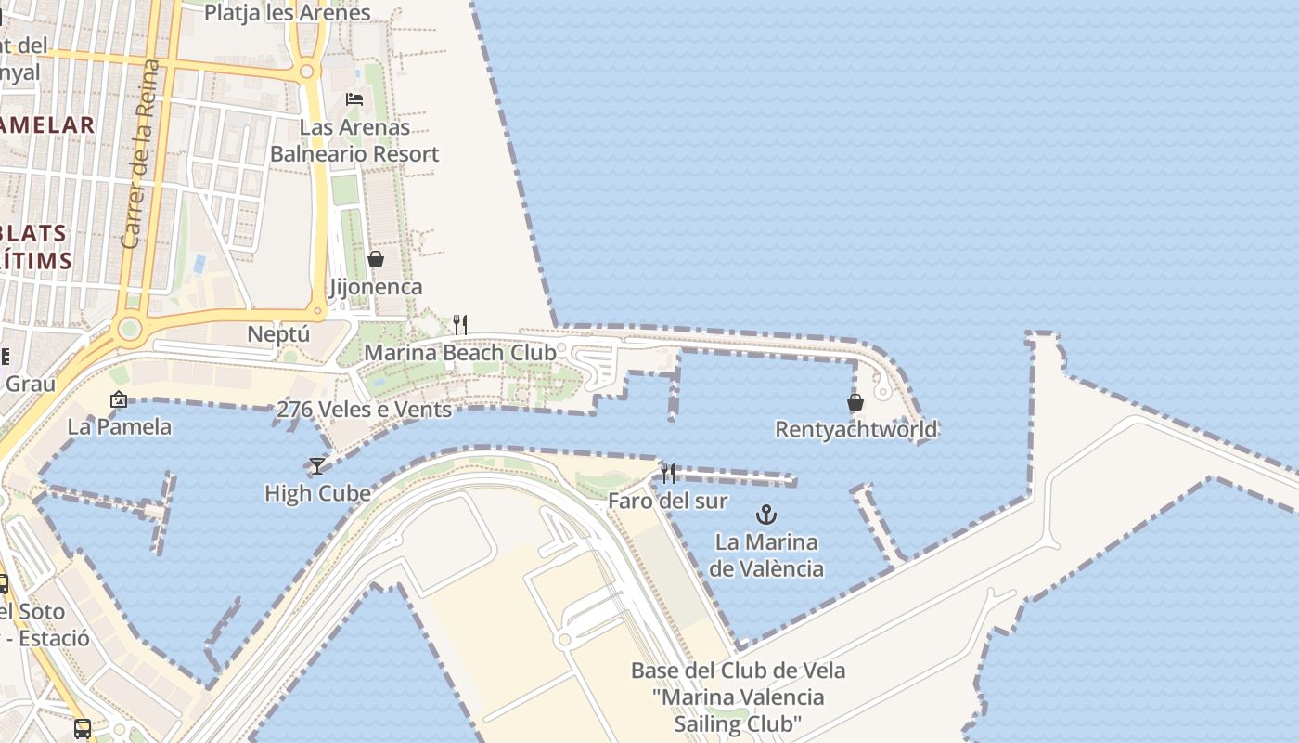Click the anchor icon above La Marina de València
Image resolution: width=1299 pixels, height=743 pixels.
765,514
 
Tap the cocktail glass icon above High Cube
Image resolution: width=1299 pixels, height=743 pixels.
317,465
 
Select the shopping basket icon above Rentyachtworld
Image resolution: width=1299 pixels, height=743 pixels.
855,402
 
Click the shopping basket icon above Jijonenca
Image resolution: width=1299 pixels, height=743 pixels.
376,259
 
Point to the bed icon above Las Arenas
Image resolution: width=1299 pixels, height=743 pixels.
354,98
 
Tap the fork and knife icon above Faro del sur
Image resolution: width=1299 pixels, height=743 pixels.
668,474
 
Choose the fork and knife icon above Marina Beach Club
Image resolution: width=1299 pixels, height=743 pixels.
459,324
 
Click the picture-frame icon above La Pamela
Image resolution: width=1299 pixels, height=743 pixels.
119,399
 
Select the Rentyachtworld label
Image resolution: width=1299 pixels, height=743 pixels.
855,429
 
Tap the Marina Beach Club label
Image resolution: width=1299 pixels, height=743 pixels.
460,353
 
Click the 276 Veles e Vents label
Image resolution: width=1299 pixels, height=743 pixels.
364,410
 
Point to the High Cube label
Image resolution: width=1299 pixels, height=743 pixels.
317,493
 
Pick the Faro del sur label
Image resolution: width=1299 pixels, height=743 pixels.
667,501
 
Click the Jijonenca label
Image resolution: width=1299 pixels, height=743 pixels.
376,287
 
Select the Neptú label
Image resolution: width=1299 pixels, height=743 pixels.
278,333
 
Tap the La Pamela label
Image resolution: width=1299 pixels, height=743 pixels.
120,427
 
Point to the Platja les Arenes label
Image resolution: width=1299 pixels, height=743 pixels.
287,13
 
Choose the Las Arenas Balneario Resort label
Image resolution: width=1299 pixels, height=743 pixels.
354,140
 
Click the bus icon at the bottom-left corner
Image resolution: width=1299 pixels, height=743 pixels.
83,728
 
